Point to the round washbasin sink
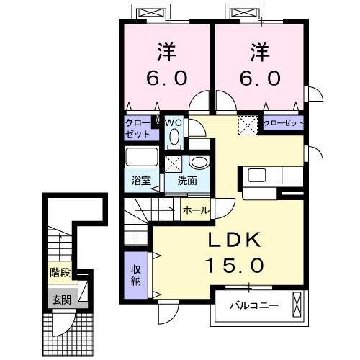coord(201,161)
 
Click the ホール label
coord(195,210)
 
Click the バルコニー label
coord(253,305)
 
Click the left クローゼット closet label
coord(138,128)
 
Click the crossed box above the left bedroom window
coord(153,12)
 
